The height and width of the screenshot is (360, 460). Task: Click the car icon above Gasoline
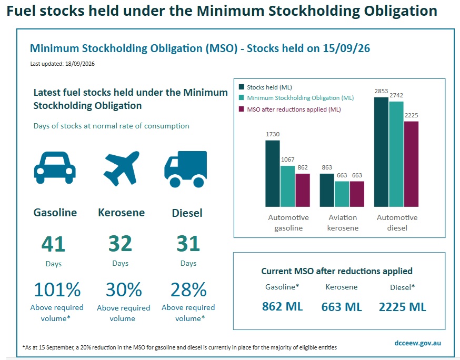pyautogui.click(x=55, y=167)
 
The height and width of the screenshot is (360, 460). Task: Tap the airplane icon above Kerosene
pyautogui.click(x=122, y=168)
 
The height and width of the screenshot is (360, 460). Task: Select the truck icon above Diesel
pyautogui.click(x=186, y=169)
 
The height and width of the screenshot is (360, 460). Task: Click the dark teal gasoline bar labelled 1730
pyautogui.click(x=273, y=173)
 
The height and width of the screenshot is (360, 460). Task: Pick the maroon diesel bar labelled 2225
pyautogui.click(x=411, y=164)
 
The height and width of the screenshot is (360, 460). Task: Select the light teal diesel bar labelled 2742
pyautogui.click(x=396, y=154)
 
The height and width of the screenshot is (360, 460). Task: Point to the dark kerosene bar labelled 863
pyautogui.click(x=327, y=190)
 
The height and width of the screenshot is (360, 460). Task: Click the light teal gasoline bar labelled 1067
pyautogui.click(x=287, y=186)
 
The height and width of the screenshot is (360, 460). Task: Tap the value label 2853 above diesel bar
pyautogui.click(x=381, y=91)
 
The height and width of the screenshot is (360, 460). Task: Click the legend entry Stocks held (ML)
pyautogui.click(x=265, y=87)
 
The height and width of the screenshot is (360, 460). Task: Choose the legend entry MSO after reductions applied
pyautogui.click(x=290, y=109)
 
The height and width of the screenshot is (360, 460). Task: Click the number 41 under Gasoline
pyautogui.click(x=53, y=244)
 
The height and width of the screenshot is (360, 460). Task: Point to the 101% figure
pyautogui.click(x=57, y=289)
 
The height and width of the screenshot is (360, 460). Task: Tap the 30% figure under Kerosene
pyautogui.click(x=124, y=289)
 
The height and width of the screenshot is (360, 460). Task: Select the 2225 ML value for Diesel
pyautogui.click(x=402, y=307)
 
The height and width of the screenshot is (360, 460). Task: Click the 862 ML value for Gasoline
pyautogui.click(x=282, y=307)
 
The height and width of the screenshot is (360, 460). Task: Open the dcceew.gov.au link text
pyautogui.click(x=418, y=343)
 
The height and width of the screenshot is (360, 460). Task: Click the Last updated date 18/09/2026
pyautogui.click(x=80, y=64)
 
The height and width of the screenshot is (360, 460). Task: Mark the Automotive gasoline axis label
pyautogui.click(x=288, y=223)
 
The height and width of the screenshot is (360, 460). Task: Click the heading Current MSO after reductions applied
pyautogui.click(x=337, y=271)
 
